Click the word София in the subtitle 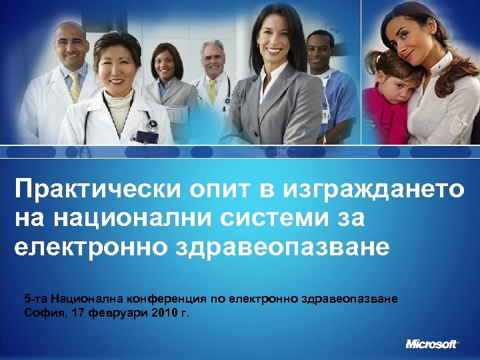(x=41, y=312)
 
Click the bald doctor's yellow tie (x=75, y=85)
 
